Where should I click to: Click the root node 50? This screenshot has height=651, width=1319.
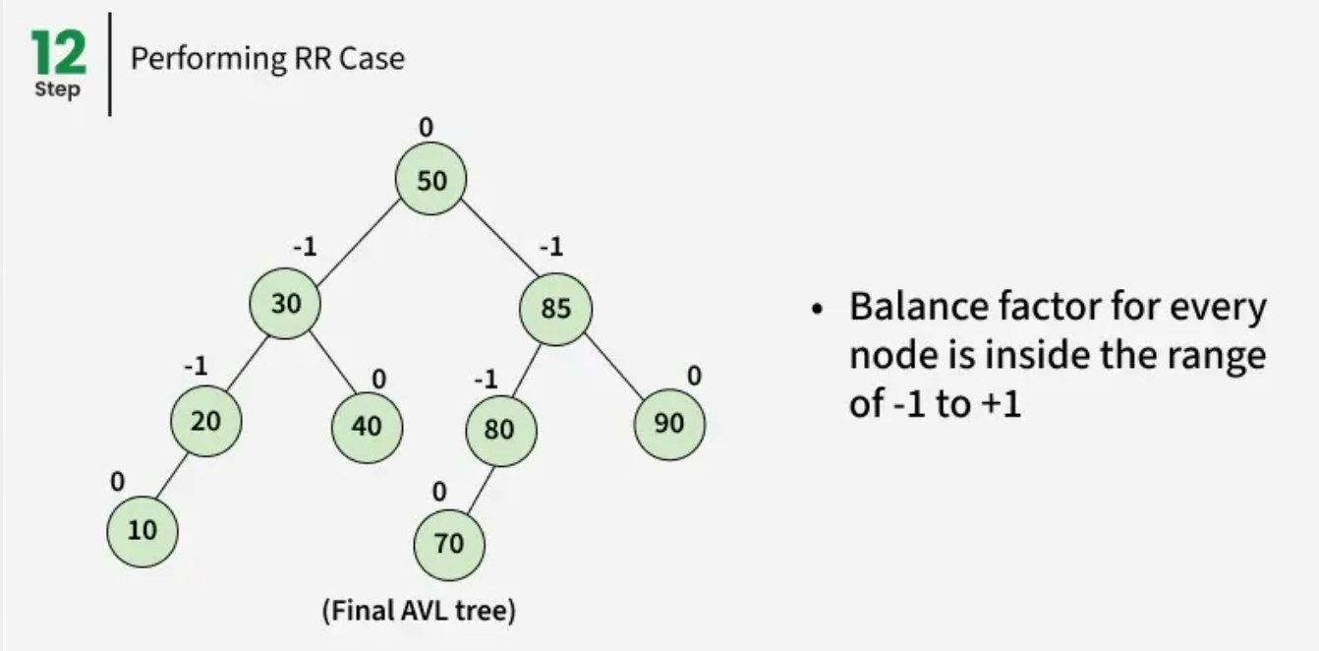(x=430, y=180)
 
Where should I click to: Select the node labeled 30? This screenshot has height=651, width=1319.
(x=285, y=303)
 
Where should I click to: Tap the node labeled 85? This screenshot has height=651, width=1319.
(x=555, y=309)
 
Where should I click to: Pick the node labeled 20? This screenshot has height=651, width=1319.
(x=205, y=421)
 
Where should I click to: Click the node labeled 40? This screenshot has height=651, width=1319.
(x=366, y=427)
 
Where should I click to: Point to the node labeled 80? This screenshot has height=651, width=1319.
(x=500, y=429)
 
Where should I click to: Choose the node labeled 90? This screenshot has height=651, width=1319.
(x=668, y=424)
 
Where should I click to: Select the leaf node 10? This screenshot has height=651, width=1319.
(x=143, y=530)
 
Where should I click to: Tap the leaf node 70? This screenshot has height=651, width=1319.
(x=449, y=543)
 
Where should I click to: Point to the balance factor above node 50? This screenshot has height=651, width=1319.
(x=425, y=127)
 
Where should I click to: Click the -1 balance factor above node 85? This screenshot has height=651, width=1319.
(x=550, y=247)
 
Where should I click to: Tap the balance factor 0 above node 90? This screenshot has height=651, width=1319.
(x=694, y=376)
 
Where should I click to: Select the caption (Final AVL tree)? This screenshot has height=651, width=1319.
(x=419, y=611)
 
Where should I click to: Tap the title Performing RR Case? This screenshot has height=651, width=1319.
(x=267, y=59)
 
